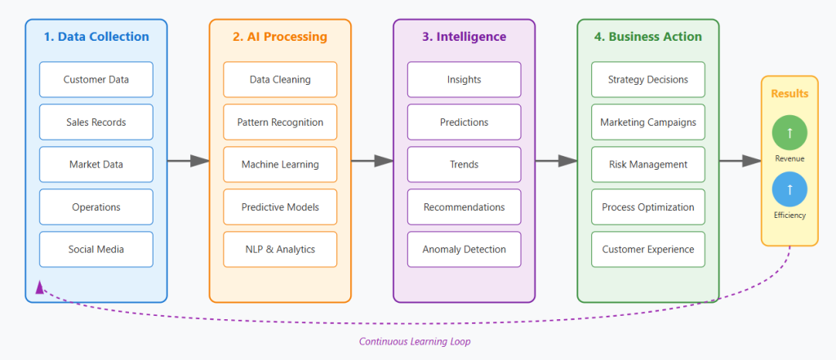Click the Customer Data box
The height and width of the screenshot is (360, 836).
(x=96, y=79)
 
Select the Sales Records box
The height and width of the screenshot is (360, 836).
(x=96, y=122)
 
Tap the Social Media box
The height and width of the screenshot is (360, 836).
(x=96, y=249)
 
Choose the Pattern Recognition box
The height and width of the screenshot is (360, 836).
(x=280, y=122)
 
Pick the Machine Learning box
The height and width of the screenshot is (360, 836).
(x=280, y=164)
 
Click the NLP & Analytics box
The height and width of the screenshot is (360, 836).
(x=280, y=249)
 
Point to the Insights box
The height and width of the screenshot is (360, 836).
(x=464, y=79)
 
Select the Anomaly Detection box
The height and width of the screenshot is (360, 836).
(x=464, y=249)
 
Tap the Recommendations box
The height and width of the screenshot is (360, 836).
(x=464, y=207)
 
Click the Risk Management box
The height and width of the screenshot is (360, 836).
(x=648, y=164)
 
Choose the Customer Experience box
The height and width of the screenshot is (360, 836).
(x=648, y=249)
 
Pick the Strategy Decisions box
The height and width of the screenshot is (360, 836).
(x=648, y=79)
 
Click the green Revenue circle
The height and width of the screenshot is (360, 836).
(x=789, y=132)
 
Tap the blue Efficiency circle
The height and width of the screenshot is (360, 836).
(x=789, y=189)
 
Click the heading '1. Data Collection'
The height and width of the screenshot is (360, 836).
(x=96, y=37)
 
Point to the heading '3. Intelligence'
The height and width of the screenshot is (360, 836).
(x=464, y=37)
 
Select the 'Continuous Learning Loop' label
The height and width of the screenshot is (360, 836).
(x=415, y=342)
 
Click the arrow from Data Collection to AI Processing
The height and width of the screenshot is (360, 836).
(x=188, y=161)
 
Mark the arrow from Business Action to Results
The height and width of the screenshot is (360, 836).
(x=740, y=161)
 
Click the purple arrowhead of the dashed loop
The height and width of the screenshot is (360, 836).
(x=39, y=287)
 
